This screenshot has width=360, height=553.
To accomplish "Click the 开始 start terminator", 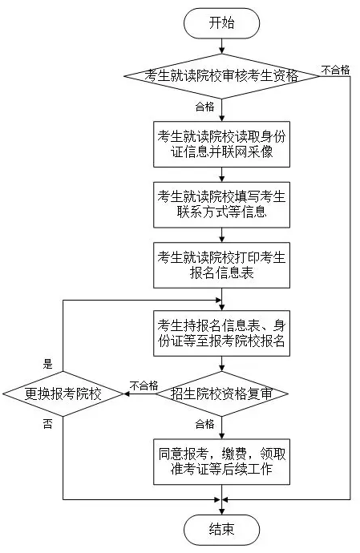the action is (221, 23).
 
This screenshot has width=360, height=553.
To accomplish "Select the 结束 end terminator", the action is (221, 530).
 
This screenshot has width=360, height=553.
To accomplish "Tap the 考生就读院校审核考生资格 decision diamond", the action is (221, 76).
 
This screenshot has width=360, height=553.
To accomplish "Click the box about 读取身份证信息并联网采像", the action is (221, 144).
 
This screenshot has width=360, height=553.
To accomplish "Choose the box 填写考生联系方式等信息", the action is (221, 204).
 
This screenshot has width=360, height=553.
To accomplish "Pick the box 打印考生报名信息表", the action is (221, 265).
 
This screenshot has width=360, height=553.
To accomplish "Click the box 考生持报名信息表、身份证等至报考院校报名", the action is (221, 333).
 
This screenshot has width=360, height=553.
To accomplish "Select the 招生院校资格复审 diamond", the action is (221, 394).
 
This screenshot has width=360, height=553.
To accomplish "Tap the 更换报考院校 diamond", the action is (63, 394).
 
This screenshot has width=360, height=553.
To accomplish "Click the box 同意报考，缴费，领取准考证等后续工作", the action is (221, 462).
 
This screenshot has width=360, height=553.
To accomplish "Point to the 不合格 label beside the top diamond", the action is (335, 70).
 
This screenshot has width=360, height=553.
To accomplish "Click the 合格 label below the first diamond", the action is (204, 107).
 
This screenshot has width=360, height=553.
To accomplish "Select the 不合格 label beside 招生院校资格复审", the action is (144, 385).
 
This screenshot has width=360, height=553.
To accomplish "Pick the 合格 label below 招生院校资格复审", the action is (204, 424).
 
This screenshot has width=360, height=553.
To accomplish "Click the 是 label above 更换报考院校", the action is (47, 364).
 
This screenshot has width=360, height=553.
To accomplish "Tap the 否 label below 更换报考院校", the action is (47, 424).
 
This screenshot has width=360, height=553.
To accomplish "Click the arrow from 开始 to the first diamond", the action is (221, 46).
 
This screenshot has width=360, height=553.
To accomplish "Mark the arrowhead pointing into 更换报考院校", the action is (127, 394).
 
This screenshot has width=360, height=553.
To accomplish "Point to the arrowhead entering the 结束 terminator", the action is (221, 511).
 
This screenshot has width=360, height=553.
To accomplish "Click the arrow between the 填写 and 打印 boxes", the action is (221, 235).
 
